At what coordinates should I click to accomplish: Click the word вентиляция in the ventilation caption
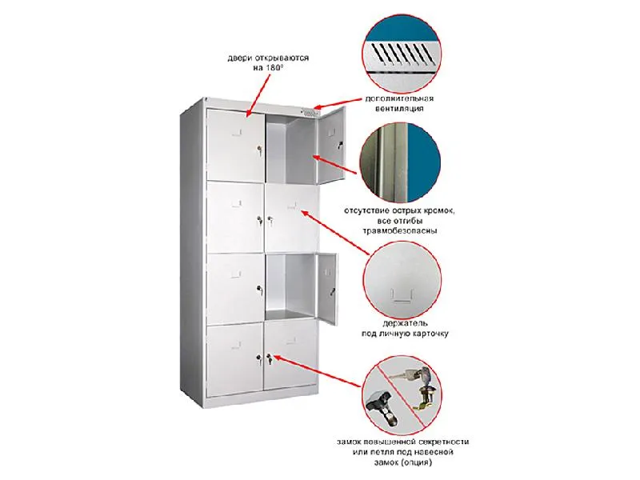[x=398, y=109]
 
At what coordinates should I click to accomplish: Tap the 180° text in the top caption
[x=274, y=68]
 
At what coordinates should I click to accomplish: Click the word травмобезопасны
[x=400, y=230]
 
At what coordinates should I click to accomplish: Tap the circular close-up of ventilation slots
[x=402, y=54]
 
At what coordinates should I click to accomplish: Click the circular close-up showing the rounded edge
[x=400, y=163]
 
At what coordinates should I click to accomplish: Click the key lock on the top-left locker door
[x=258, y=149]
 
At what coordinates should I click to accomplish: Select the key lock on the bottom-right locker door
[x=269, y=359]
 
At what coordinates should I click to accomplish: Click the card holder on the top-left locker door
[x=237, y=132]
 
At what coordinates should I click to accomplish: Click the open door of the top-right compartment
[x=330, y=143]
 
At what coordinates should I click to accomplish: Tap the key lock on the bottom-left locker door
[x=258, y=359]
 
